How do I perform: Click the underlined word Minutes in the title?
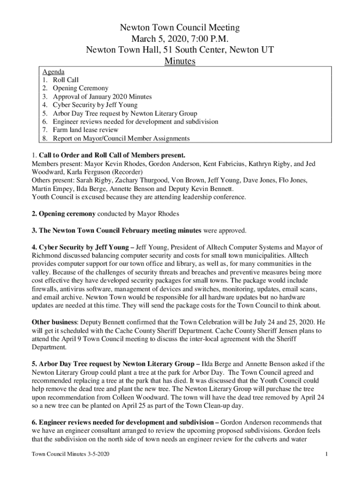pyautogui.click(x=180, y=61)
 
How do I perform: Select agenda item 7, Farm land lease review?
pyautogui.click(x=85, y=130)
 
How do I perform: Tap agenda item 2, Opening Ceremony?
pyautogui.click(x=80, y=88)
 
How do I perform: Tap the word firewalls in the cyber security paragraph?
pyautogui.click(x=44, y=289)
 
